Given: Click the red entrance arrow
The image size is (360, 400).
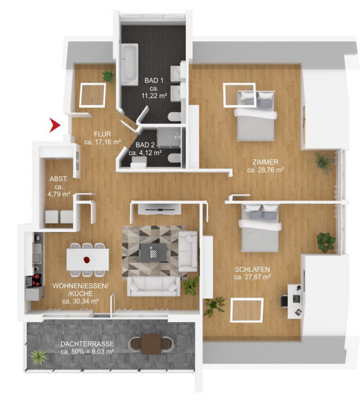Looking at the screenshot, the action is pos(54,125).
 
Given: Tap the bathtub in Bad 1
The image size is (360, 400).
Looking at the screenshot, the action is pos(130,64).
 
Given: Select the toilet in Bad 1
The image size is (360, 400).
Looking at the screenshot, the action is pos(175,117).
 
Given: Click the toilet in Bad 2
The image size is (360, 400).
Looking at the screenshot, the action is pos(175,158).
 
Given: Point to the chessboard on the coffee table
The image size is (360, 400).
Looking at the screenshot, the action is pos(154,253).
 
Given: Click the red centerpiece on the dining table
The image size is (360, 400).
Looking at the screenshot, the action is pos(87,260).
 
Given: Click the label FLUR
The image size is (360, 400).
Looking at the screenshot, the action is pos(102,134).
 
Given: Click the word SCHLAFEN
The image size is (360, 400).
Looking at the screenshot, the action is pos(252,269).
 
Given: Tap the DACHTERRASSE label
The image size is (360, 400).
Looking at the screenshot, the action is pos(87,344).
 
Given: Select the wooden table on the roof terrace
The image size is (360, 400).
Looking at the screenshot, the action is pos(151,344).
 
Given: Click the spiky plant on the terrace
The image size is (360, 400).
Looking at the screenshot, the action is pos(38,355).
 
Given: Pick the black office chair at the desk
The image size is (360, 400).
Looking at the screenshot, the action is pos(284,301).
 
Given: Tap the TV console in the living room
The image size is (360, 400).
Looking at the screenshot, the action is pos(160,210).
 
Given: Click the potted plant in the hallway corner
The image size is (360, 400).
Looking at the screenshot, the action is pos(108,76).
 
